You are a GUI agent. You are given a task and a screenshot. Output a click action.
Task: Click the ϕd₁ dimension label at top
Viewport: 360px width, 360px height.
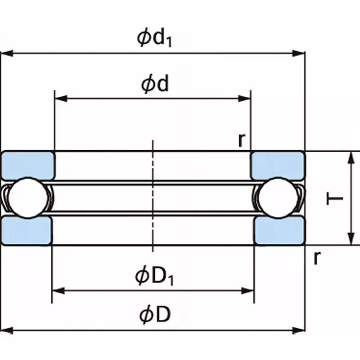[x=155, y=39]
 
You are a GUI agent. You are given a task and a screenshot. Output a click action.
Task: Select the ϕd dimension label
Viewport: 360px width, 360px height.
[x=155, y=84]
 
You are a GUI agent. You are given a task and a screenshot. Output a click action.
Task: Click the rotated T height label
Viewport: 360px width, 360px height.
[x=336, y=198]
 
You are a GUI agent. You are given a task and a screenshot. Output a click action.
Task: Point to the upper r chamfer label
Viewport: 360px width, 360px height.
[x=242, y=140]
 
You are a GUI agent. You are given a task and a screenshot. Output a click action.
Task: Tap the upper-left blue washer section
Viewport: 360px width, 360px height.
[x=28, y=165]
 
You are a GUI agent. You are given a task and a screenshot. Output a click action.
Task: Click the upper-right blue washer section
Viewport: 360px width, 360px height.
[x=278, y=165]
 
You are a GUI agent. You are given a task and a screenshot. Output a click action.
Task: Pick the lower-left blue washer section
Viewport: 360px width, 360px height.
[x=27, y=230]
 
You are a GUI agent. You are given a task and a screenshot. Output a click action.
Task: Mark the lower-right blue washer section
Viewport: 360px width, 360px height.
[x=279, y=230]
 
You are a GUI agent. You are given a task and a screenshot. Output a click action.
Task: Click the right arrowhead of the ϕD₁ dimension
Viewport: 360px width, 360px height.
[x=248, y=291]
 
